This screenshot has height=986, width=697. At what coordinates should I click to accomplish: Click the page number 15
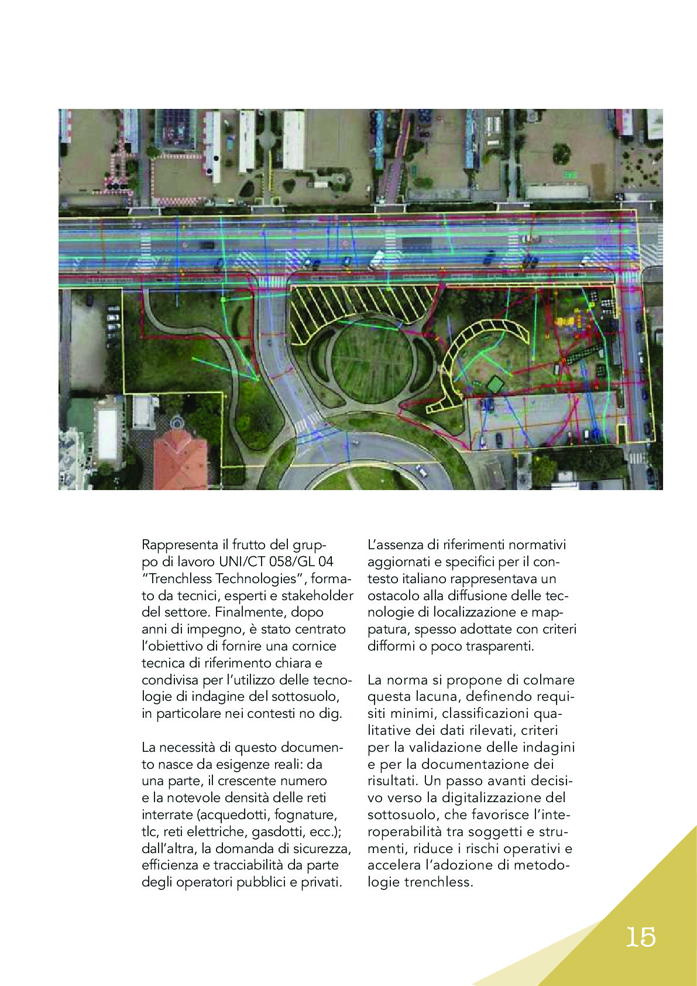point(641,937)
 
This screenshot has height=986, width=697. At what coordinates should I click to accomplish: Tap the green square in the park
point(495,385)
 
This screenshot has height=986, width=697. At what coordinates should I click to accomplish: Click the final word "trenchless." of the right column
point(438,882)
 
